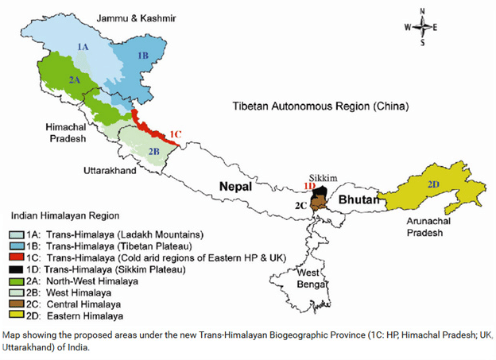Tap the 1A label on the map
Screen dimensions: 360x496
[83, 48]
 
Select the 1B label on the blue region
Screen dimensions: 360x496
[143, 55]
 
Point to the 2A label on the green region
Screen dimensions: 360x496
[73, 79]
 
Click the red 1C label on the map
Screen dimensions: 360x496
[176, 133]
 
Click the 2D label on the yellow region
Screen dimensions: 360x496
[433, 184]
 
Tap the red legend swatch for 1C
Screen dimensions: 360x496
[15, 257]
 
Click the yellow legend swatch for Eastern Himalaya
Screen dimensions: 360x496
[15, 316]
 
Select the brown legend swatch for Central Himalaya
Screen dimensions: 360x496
[15, 304]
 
